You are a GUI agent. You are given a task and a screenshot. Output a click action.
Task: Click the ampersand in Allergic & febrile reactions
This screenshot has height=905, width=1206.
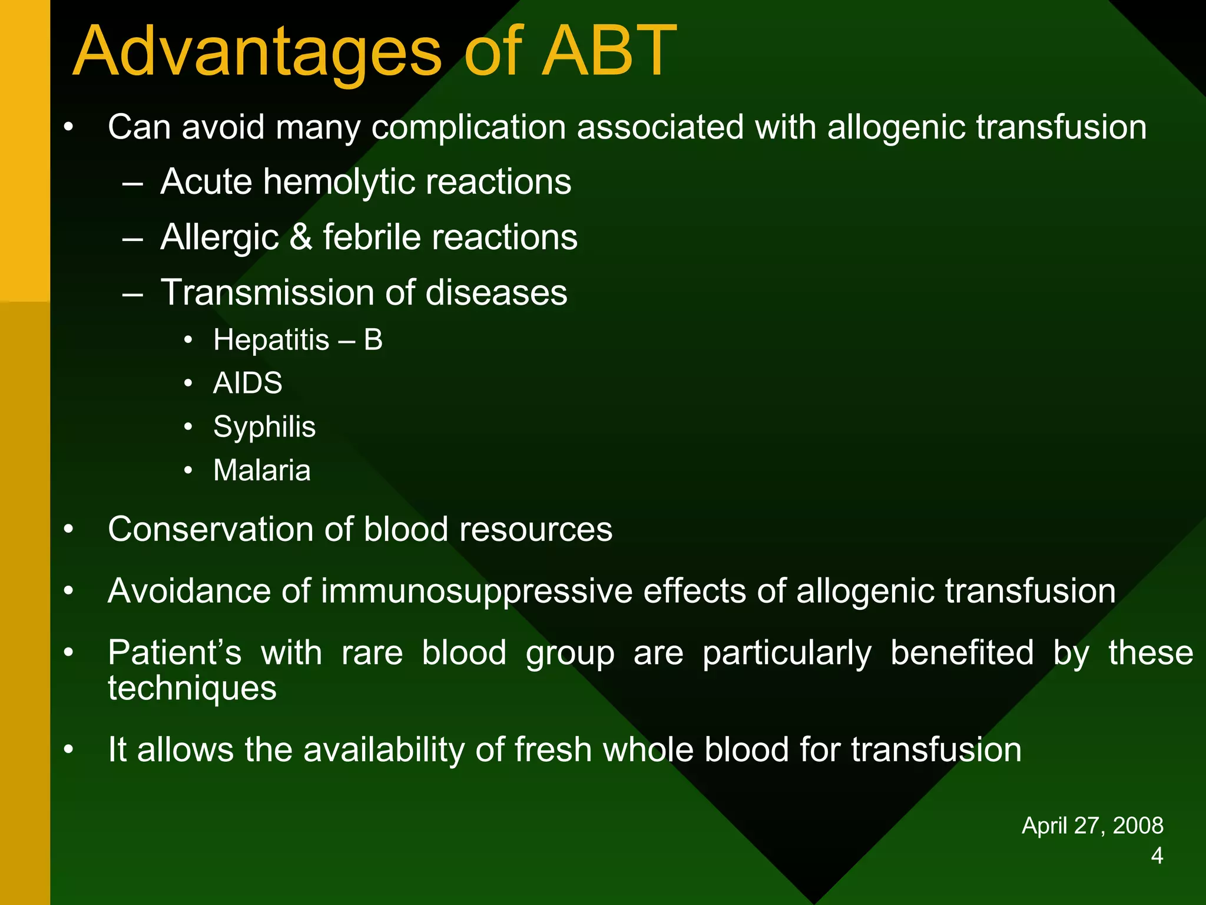pyautogui.click(x=301, y=237)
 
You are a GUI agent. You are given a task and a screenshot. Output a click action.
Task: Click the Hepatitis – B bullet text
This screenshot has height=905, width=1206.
pyautogui.click(x=297, y=340)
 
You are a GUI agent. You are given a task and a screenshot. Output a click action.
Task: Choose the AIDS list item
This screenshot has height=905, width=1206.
pyautogui.click(x=247, y=384)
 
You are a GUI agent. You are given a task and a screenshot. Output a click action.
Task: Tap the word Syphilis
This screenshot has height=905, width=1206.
pyautogui.click(x=264, y=427)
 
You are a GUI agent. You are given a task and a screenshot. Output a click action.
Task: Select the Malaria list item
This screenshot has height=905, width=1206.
pyautogui.click(x=261, y=471)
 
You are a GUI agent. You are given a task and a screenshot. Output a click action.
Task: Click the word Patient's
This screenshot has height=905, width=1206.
pyautogui.click(x=174, y=653)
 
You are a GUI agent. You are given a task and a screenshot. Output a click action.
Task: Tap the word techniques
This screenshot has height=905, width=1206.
pyautogui.click(x=192, y=688)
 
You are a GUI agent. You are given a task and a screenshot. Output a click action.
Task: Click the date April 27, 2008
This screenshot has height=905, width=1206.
pyautogui.click(x=1092, y=825)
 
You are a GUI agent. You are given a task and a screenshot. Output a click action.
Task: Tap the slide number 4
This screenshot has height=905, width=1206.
pyautogui.click(x=1157, y=856)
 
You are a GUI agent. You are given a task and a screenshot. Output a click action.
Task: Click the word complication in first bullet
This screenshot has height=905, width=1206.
pyautogui.click(x=468, y=127)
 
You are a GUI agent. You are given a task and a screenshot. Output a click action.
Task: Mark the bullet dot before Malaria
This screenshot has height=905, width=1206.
pyautogui.click(x=188, y=471)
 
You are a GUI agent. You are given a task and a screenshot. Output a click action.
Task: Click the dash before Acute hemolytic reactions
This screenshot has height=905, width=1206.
pyautogui.click(x=133, y=183)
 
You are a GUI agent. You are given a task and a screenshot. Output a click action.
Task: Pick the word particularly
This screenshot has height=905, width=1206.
pyautogui.click(x=787, y=653)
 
